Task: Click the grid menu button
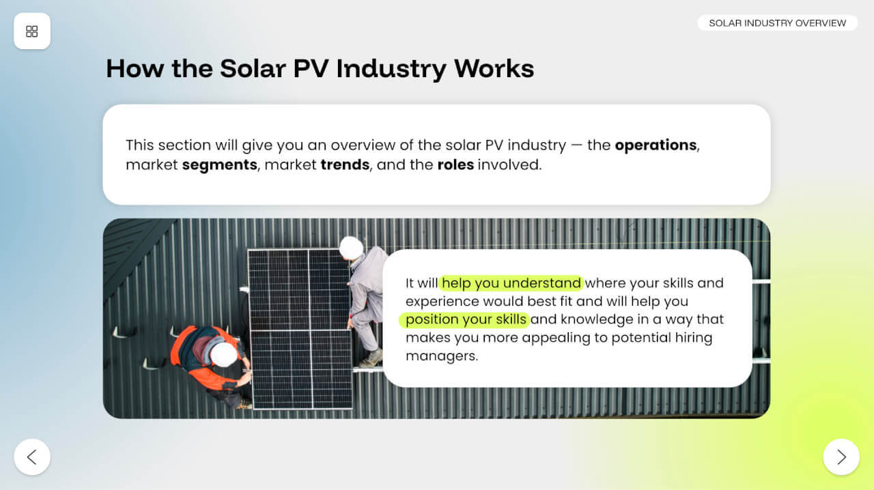tap(32, 31)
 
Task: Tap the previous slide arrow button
tap(32, 457)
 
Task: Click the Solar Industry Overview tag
tap(777, 23)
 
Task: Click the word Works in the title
tap(494, 69)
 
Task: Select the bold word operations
tap(656, 145)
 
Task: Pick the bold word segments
tap(220, 165)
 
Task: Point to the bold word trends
tap(345, 164)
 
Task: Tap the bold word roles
tap(455, 164)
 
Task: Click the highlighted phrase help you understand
tap(511, 283)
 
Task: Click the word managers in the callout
tap(442, 356)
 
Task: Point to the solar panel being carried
tap(300, 329)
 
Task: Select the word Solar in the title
tap(253, 69)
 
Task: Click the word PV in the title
tap(311, 69)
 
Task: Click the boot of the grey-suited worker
tap(372, 358)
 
